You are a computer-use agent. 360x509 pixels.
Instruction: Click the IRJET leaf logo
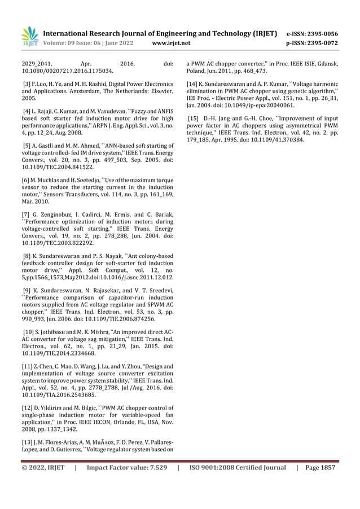29,35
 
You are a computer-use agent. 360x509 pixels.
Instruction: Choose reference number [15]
194,118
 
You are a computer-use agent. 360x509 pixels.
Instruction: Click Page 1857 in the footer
320,467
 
